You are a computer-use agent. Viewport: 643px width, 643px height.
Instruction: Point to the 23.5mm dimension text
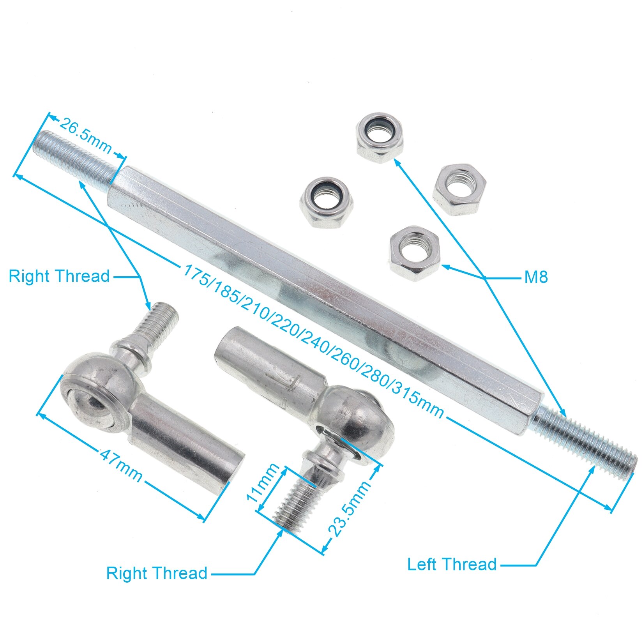[349, 509]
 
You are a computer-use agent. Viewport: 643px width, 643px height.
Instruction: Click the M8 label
[536, 277]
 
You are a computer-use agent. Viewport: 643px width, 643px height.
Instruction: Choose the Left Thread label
[452, 564]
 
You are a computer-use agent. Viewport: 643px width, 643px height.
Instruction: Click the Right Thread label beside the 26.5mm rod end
[59, 276]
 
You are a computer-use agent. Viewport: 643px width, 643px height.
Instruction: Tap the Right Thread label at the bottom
[157, 573]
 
